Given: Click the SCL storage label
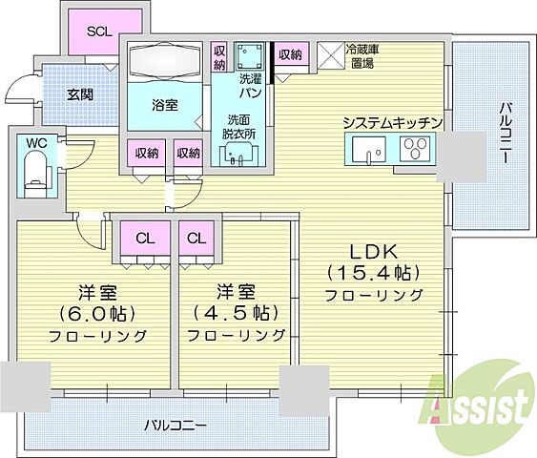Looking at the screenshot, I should [x=99, y=31].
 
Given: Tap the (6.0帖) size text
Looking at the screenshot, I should [x=97, y=313].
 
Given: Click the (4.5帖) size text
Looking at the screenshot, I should [x=236, y=313].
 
